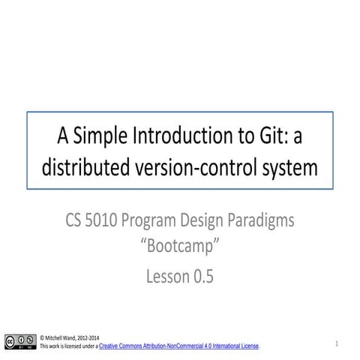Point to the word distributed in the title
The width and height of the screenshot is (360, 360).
click(x=84, y=169)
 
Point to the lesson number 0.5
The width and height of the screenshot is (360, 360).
click(x=203, y=277)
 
